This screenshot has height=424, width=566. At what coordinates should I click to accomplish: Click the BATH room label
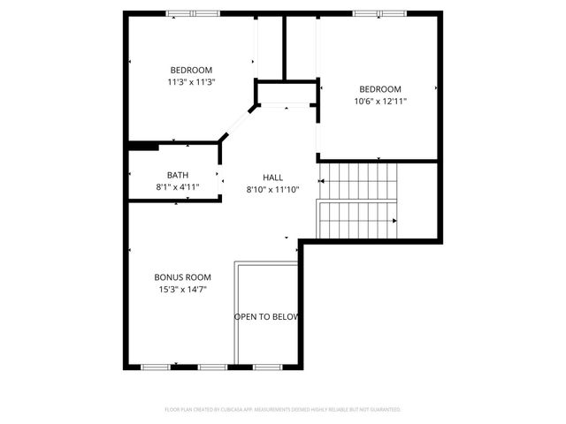point(178,175)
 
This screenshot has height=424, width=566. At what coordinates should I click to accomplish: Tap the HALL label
point(272,178)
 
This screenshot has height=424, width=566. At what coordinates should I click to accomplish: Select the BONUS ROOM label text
point(182,277)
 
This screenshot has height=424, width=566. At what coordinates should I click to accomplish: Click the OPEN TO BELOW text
point(266,316)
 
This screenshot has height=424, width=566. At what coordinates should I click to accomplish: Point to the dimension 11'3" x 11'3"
point(191,82)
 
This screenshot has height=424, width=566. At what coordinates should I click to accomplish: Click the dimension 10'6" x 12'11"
point(380,101)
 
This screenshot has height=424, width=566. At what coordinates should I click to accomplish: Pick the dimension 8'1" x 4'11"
point(178,186)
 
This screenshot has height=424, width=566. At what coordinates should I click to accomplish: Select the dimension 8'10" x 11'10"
point(272,189)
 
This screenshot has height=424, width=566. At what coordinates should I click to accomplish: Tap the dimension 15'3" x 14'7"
point(182,289)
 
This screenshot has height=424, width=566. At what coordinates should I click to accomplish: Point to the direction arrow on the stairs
point(394,221)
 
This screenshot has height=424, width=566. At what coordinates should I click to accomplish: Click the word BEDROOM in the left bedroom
point(191,71)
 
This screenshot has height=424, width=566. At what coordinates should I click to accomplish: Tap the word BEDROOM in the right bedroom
point(380,89)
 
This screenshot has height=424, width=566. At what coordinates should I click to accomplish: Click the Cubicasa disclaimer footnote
point(283,410)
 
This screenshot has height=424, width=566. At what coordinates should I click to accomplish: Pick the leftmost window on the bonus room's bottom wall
point(156,366)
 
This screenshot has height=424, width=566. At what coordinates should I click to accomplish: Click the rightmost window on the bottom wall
point(266,366)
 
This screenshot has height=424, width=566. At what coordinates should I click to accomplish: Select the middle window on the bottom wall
point(212,366)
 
